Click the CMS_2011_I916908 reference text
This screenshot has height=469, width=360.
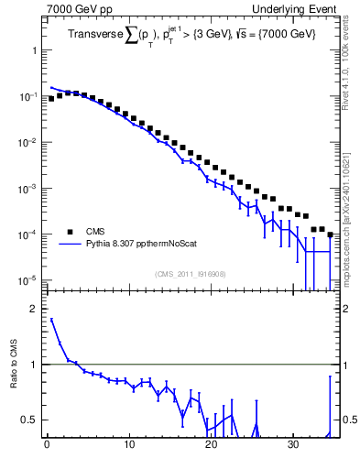click(x=191, y=273)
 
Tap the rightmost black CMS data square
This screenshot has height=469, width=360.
click(x=330, y=234)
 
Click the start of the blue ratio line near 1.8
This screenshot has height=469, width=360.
click(x=51, y=320)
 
